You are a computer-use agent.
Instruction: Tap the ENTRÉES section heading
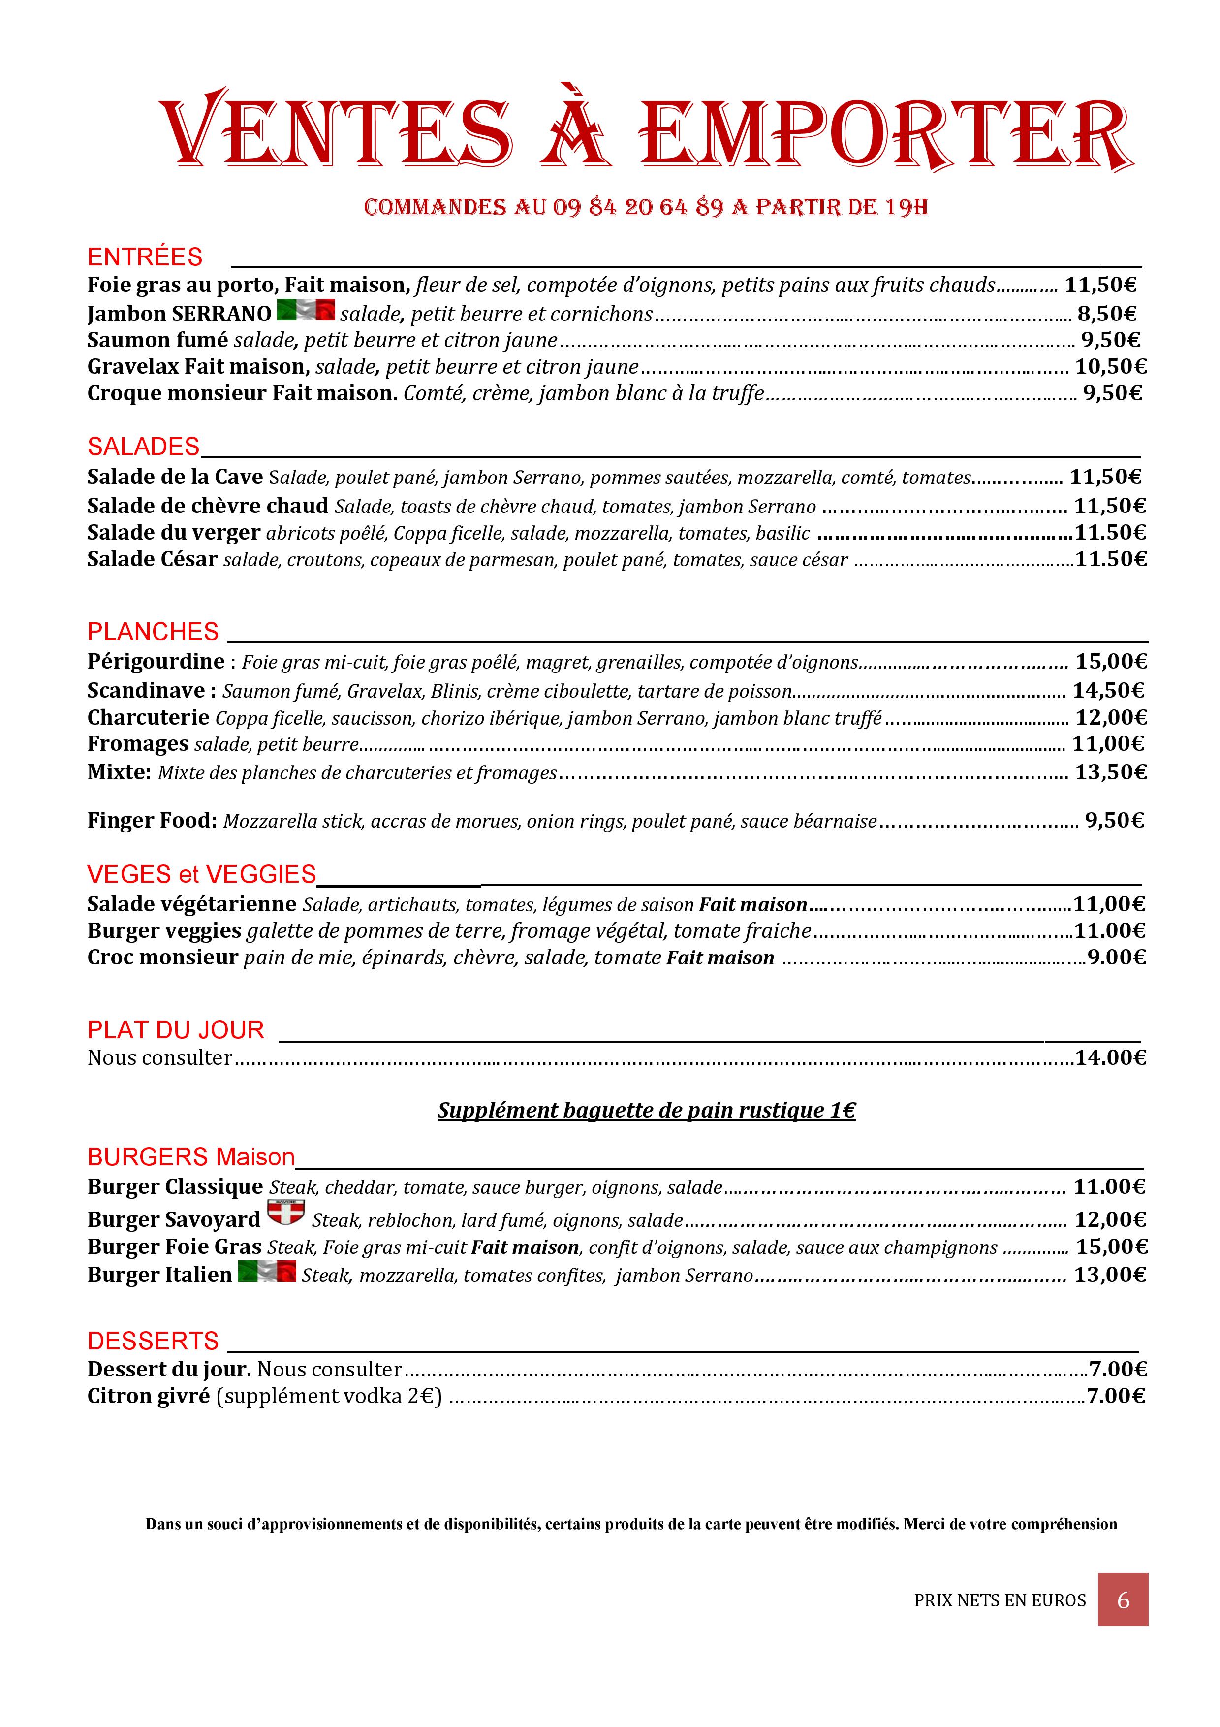(x=145, y=257)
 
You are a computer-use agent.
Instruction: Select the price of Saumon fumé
(x=1110, y=340)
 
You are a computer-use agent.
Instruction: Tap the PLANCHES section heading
(x=153, y=632)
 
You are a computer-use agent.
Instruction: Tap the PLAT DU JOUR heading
(x=176, y=1030)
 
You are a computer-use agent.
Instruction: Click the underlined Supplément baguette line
(x=647, y=1111)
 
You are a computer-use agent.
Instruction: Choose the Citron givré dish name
(x=148, y=1396)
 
